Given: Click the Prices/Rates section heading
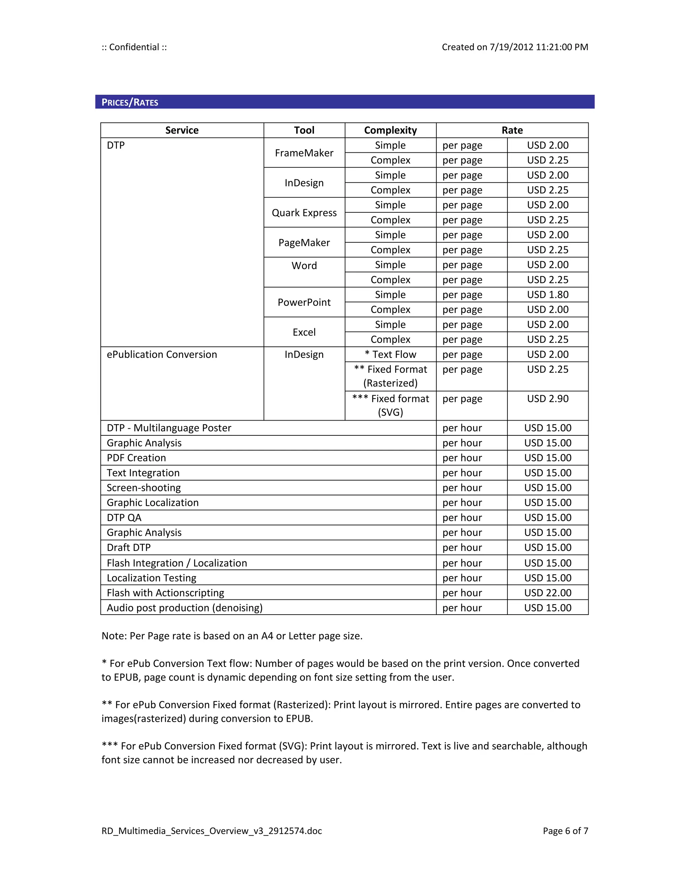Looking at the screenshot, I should tap(130, 102).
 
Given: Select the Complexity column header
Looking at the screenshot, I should tap(390, 130).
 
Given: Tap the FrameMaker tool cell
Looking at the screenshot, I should tap(304, 153).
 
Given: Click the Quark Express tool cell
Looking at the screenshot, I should tap(304, 213).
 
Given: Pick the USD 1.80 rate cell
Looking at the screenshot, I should tap(547, 295).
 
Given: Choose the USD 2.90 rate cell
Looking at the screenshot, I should tap(547, 399).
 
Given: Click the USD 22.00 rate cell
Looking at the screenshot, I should tap(547, 593).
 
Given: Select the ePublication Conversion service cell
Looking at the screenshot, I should tap(162, 355).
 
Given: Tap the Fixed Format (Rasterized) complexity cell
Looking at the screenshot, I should tap(390, 376).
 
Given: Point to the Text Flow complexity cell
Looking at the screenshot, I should tap(390, 355).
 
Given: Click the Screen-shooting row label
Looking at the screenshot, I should tap(144, 488).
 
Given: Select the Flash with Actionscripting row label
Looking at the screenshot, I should tap(165, 593).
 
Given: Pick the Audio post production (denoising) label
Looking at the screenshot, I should tap(185, 608).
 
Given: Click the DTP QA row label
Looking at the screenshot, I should tap(124, 518).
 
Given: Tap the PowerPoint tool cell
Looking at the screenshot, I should tap(304, 303).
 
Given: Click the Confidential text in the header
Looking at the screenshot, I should tap(134, 47).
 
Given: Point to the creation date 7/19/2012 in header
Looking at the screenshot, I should tap(511, 47).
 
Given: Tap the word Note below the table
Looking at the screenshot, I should tap(113, 636).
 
